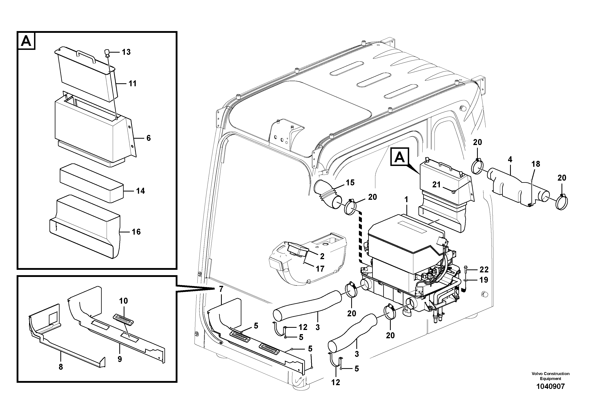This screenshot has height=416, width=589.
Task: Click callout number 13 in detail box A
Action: click(126, 52)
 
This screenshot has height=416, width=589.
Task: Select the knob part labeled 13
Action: click(107, 53)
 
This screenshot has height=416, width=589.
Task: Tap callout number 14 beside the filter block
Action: click(140, 191)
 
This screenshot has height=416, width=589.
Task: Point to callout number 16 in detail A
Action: click(136, 232)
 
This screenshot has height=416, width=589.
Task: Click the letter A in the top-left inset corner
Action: click(26, 41)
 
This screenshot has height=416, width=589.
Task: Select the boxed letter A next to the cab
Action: click(399, 157)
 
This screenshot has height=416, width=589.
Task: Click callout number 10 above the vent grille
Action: click(124, 301)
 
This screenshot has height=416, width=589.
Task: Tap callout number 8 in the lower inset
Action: click(61, 367)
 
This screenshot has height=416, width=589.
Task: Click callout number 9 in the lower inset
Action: click(120, 359)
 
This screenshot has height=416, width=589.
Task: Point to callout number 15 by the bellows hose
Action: click(350, 183)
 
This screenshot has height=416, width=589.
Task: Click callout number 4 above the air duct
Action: click(510, 159)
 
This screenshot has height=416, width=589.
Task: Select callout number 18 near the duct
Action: click(536, 164)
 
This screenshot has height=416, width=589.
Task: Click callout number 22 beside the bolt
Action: click(484, 270)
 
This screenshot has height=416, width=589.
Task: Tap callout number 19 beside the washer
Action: click(484, 280)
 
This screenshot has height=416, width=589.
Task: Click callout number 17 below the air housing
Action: click(320, 269)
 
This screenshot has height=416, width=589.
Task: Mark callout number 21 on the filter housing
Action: click(436, 184)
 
